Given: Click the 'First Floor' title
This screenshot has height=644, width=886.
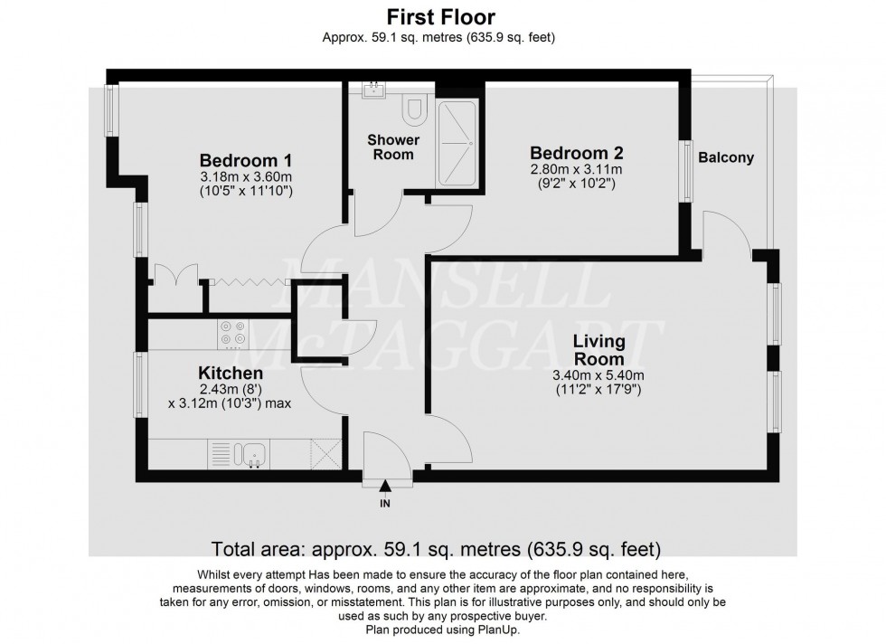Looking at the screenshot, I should (441, 16).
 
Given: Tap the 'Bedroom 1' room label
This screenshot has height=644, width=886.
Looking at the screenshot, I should (246, 159).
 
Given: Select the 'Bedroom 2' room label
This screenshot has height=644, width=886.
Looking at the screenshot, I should (576, 153).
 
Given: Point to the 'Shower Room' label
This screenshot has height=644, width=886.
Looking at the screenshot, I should (393, 147).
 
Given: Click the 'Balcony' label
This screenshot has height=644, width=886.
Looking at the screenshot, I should (725, 158).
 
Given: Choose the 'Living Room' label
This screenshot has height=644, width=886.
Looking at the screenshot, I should (599, 350).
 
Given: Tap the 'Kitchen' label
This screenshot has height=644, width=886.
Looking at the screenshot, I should (231, 373).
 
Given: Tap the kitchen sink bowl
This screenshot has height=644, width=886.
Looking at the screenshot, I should (252, 452).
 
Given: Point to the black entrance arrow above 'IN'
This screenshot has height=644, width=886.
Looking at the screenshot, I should (387, 487).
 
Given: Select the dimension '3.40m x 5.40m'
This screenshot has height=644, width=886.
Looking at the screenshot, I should (599, 376).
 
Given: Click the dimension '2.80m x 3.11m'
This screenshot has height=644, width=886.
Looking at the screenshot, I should (576, 169).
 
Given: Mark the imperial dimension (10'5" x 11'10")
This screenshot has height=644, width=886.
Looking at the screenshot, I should (246, 192).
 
